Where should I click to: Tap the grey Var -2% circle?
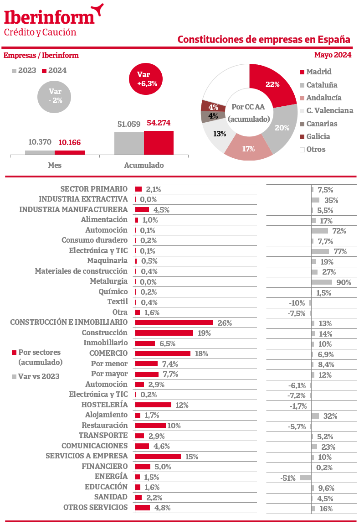[55, 96]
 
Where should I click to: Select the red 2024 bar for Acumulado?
[159, 143]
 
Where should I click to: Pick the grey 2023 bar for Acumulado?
[129, 144]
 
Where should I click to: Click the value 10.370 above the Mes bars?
[40, 142]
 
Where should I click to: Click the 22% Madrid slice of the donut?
[272, 85]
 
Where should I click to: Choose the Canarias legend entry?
[322, 124]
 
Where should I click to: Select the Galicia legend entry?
[318, 136]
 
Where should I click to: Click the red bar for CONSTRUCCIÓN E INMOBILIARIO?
[174, 323]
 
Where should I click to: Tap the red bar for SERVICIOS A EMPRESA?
[158, 456]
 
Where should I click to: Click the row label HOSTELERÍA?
[104, 405]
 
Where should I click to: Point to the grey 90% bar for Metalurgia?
[322, 282]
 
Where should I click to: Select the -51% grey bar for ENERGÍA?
[305, 478]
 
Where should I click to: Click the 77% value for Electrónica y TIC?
[340, 251]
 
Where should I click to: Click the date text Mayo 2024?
[333, 55]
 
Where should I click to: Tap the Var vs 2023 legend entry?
[39, 377]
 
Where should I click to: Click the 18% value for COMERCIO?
[201, 353]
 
